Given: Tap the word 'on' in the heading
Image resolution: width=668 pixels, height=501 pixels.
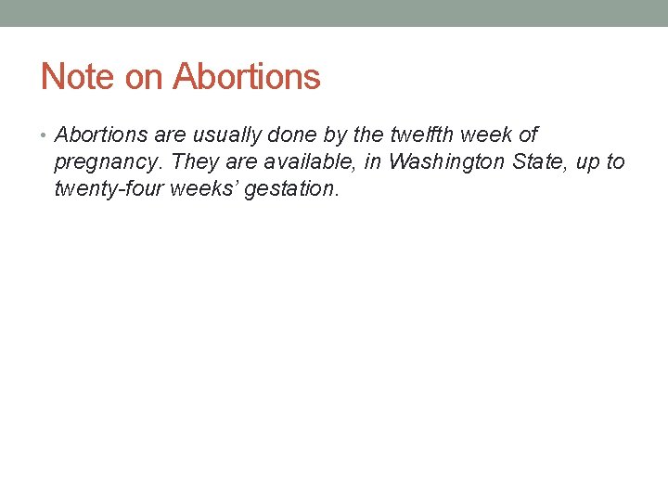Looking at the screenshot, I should point(143,76).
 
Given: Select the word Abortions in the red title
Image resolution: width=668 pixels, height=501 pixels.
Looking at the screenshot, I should point(247,76).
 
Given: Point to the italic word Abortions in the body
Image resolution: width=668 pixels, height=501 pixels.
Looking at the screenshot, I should point(102,135).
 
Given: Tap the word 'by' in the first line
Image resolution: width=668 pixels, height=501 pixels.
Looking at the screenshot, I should point(336,135).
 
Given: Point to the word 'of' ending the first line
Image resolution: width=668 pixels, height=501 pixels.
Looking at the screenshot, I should point(528,135).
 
